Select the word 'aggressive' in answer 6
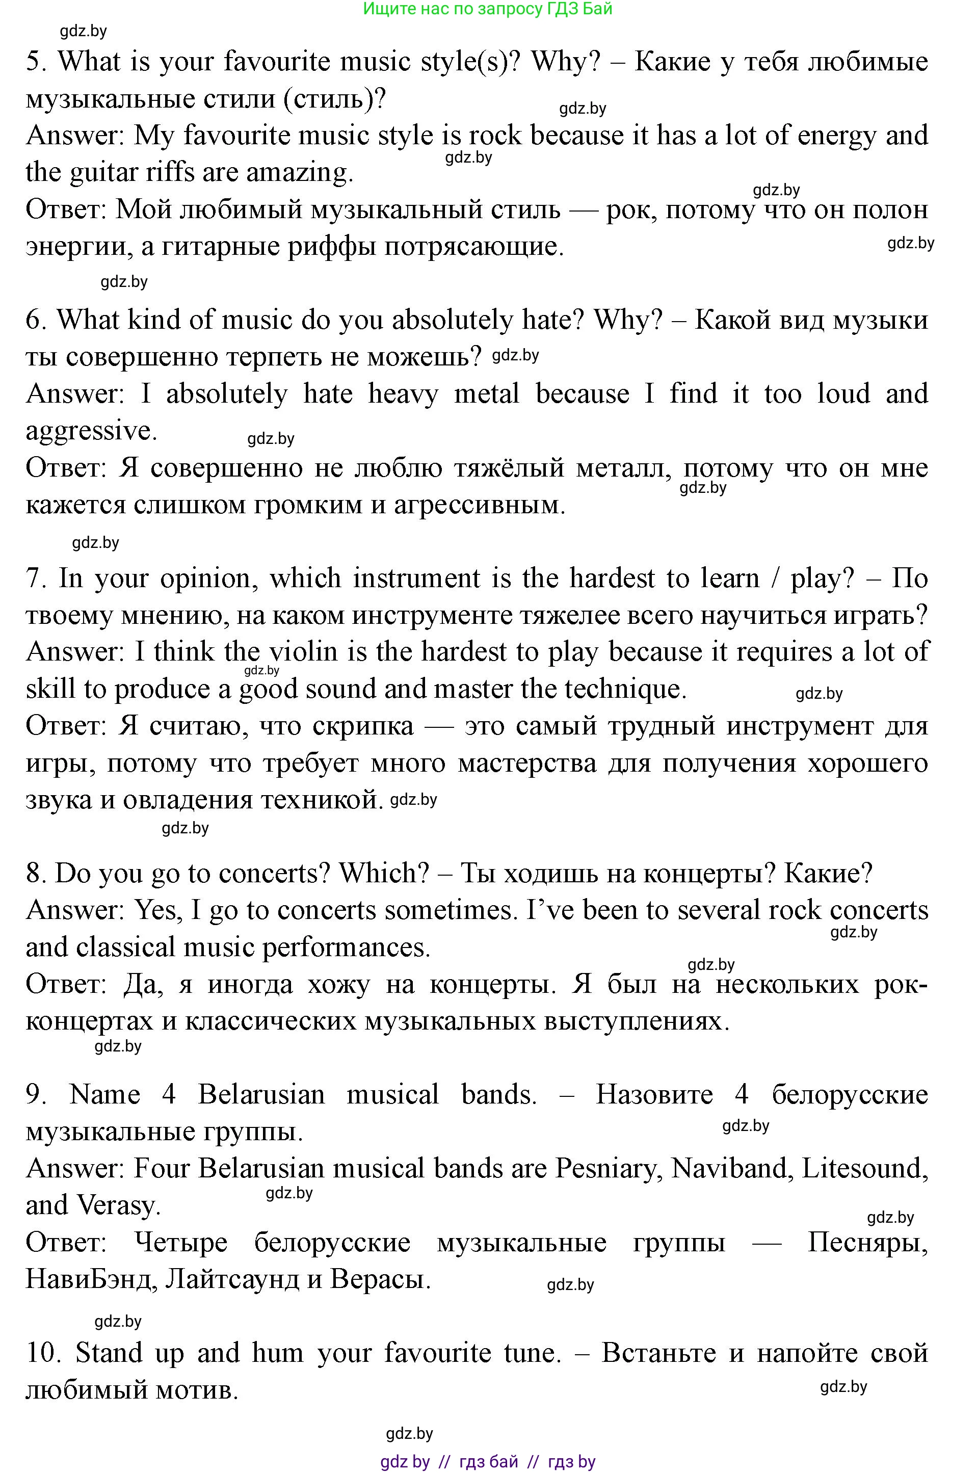tap(90, 431)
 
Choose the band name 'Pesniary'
tap(609, 1169)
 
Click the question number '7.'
tap(36, 578)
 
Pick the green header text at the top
tap(487, 9)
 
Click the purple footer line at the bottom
tap(487, 1461)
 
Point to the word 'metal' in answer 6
tap(486, 394)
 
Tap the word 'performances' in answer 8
tap(346, 948)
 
